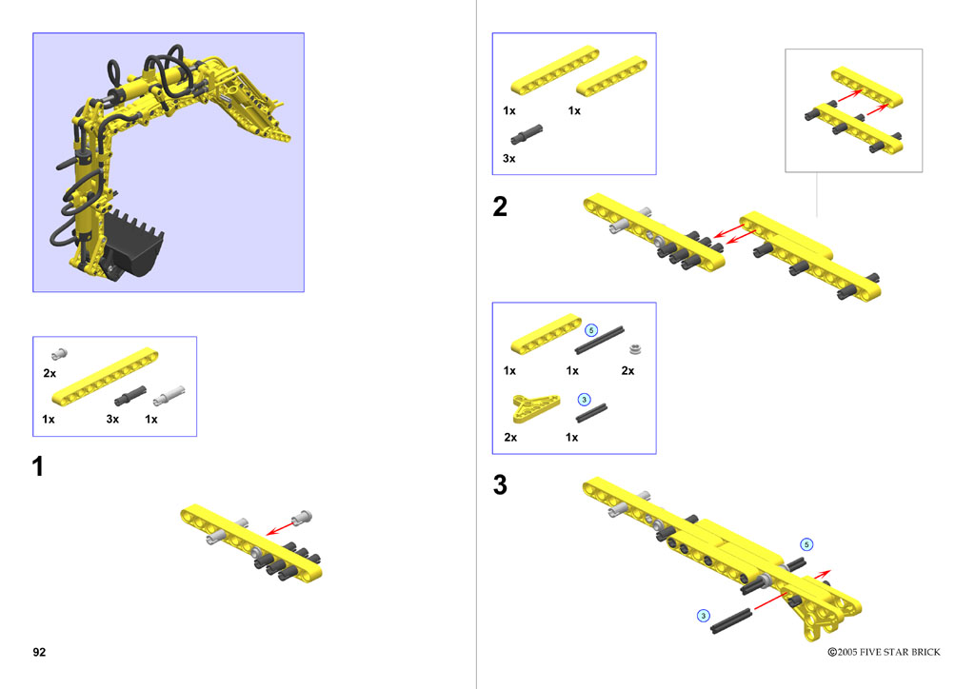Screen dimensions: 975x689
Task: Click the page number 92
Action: tap(39, 652)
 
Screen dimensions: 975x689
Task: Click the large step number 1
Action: tap(38, 466)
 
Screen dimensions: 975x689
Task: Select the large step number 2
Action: tap(500, 207)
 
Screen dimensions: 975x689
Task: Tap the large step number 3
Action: tap(500, 484)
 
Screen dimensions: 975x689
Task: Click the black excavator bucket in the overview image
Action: tap(133, 245)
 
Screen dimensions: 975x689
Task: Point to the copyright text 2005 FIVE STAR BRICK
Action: tap(884, 652)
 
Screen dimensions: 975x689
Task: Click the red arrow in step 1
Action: tap(281, 527)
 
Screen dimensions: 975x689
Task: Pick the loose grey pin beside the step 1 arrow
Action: tap(302, 517)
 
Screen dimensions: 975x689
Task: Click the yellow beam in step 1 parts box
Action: tap(105, 377)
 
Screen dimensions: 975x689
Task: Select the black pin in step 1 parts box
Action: tap(129, 396)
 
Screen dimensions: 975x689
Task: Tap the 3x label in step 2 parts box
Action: tap(508, 158)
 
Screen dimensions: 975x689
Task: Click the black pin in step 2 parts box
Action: tap(527, 134)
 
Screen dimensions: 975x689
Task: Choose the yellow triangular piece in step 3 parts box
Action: tap(535, 407)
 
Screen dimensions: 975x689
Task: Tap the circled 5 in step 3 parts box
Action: tap(591, 330)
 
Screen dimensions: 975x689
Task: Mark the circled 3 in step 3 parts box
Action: tap(584, 400)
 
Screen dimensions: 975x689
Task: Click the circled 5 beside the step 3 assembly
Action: tap(806, 545)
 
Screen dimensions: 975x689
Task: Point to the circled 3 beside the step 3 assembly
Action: tap(704, 616)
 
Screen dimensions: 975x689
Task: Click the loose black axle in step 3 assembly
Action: tap(731, 621)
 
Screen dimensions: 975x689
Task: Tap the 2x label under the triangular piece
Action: tap(510, 438)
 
